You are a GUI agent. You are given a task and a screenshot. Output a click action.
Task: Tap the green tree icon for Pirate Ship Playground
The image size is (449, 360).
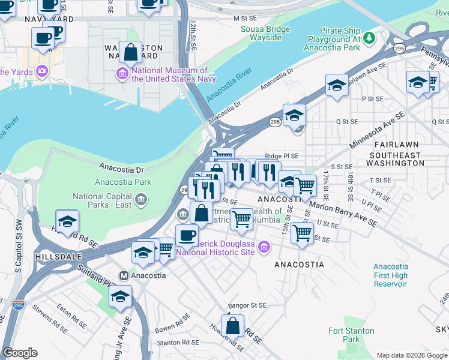tap(370, 38)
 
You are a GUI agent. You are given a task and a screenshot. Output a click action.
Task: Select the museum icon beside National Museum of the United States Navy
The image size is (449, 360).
tap(122, 73)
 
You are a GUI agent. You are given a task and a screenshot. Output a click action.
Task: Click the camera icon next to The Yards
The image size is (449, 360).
tap(42, 71)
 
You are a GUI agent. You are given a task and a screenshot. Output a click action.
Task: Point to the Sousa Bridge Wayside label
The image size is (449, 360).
tap(261, 33)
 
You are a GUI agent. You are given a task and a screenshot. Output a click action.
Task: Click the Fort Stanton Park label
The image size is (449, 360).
tap(351, 335)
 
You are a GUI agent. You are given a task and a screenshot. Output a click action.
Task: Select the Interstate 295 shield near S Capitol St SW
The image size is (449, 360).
tap(19, 306)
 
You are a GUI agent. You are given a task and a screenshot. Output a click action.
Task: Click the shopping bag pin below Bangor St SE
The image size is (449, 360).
tap(232, 326)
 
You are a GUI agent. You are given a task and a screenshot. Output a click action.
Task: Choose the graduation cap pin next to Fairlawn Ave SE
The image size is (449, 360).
tap(337, 86)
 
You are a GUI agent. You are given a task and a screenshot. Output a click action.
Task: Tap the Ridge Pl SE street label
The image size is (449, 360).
tap(282, 155)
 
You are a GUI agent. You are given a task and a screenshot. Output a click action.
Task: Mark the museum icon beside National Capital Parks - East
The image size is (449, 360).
tap(140, 199)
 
